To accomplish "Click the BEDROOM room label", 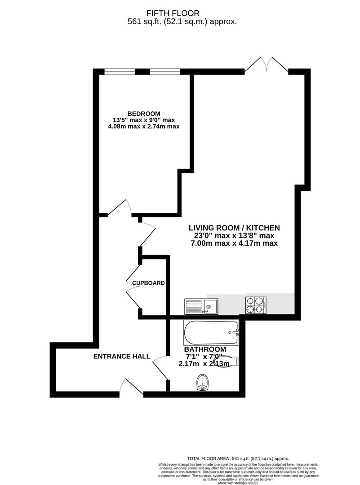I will pyautogui.click(x=144, y=113).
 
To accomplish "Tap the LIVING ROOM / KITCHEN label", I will pyautogui.click(x=234, y=228).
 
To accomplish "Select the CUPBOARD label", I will pyautogui.click(x=148, y=283).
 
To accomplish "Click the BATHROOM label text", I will pyautogui.click(x=205, y=349).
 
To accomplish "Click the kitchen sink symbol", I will pyautogui.click(x=201, y=306).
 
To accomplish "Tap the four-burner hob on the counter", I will pyautogui.click(x=255, y=305).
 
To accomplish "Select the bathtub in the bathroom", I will pyautogui.click(x=211, y=333).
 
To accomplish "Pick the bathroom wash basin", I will pyautogui.click(x=204, y=384).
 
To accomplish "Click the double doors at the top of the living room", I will pyautogui.click(x=267, y=65).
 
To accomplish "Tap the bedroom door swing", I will pyautogui.click(x=119, y=209).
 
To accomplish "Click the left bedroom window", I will pyautogui.click(x=120, y=71).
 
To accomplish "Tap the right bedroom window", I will pyautogui.click(x=165, y=71).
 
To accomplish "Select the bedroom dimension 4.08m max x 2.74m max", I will pyautogui.click(x=144, y=127).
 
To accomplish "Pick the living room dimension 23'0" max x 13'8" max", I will pyautogui.click(x=234, y=235).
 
